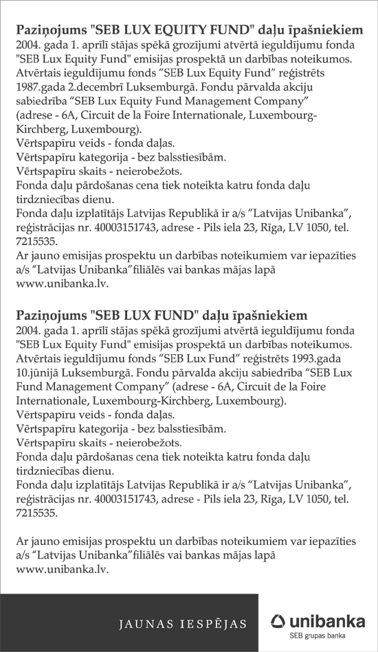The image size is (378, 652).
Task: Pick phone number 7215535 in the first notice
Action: click(32, 242)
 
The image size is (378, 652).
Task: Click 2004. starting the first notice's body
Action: click(26, 45)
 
